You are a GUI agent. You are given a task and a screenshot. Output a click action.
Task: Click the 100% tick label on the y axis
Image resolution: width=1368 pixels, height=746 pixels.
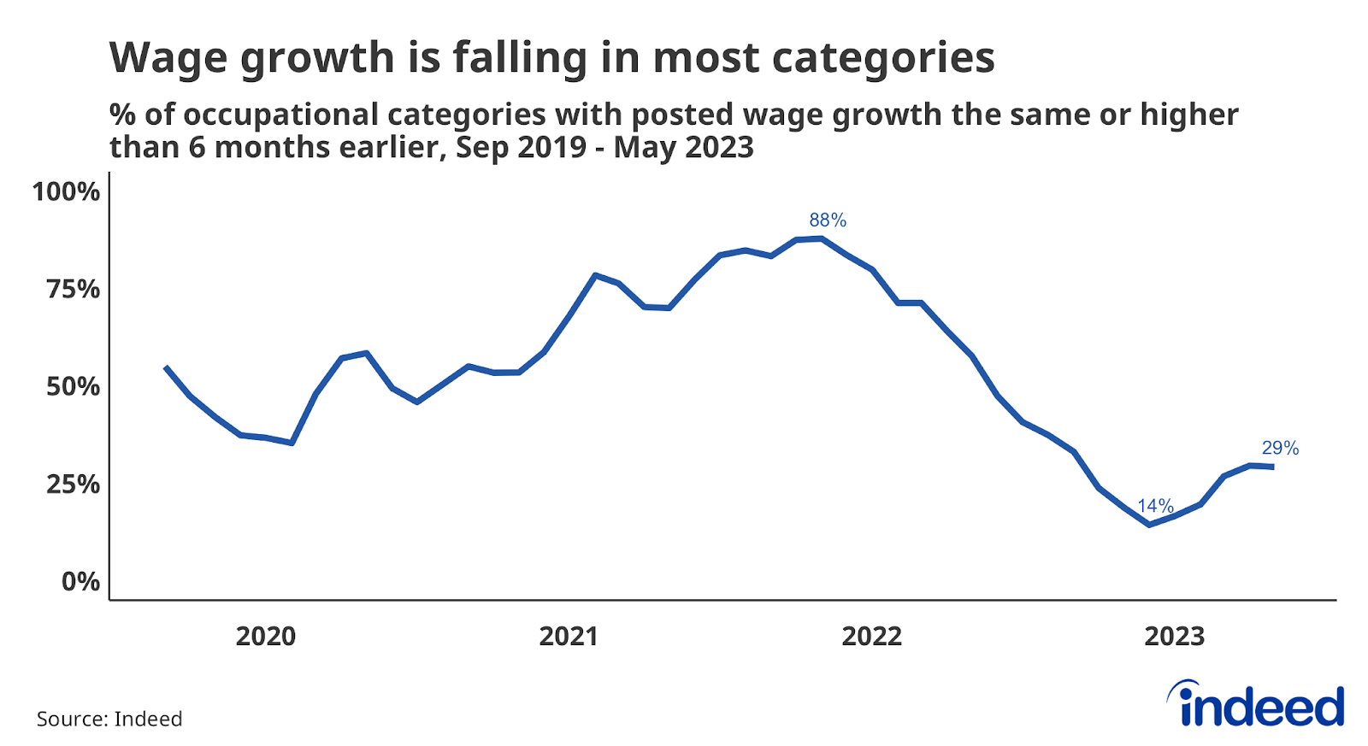point(66,191)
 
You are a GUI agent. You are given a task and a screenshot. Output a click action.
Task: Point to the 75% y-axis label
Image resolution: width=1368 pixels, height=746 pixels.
point(73,289)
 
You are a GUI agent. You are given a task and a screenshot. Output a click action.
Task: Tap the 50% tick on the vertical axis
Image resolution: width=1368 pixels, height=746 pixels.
point(73,386)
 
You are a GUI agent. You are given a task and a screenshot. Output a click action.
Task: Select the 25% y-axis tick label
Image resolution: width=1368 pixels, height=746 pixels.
point(73,485)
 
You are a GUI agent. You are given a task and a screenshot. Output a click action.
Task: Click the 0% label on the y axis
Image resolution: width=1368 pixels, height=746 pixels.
point(80,582)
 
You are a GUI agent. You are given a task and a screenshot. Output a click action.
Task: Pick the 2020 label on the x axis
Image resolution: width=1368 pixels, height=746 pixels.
point(265,637)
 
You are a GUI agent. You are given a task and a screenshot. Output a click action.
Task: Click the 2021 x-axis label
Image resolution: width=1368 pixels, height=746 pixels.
point(569,637)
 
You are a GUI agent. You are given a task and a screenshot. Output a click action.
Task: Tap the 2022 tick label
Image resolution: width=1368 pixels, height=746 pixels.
point(871,637)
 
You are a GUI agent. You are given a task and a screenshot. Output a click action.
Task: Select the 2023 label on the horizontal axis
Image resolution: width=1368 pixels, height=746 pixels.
point(1174,637)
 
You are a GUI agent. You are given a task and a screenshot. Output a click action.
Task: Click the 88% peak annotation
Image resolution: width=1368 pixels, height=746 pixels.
point(828,220)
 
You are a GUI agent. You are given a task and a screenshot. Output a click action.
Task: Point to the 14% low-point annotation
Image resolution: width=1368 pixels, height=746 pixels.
point(1155,506)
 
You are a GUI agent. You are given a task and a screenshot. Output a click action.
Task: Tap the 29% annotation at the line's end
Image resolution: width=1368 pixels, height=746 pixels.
point(1280,449)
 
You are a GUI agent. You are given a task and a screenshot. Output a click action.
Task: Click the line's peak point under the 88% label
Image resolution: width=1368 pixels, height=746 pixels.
point(821,238)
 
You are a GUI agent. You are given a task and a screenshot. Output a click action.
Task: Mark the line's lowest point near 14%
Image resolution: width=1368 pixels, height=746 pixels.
point(1149,525)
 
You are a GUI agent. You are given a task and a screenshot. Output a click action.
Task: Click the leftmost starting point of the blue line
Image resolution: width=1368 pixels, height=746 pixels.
point(166,367)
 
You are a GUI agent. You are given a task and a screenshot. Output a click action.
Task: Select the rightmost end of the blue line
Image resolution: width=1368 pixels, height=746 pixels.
point(1273,467)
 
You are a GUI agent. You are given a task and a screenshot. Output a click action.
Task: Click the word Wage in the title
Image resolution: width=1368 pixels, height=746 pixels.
point(168,58)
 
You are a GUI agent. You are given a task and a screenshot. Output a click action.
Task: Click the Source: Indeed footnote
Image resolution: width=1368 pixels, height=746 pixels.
point(109,719)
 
